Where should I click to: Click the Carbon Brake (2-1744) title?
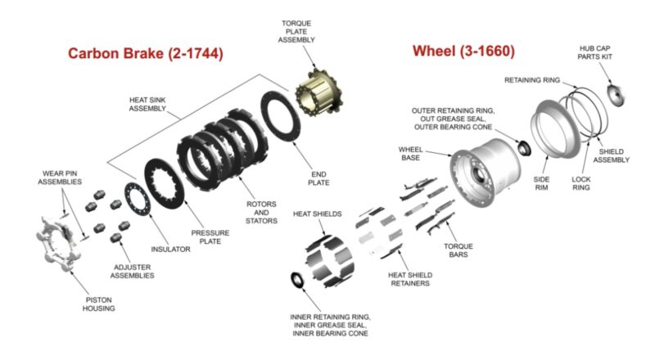click(x=145, y=54)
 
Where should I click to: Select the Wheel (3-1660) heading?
click(x=463, y=52)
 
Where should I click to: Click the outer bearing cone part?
click(x=522, y=148)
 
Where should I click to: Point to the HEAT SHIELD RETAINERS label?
click(x=409, y=279)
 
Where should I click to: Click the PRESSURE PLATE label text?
click(x=210, y=236)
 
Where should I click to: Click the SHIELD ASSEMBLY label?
click(x=612, y=155)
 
